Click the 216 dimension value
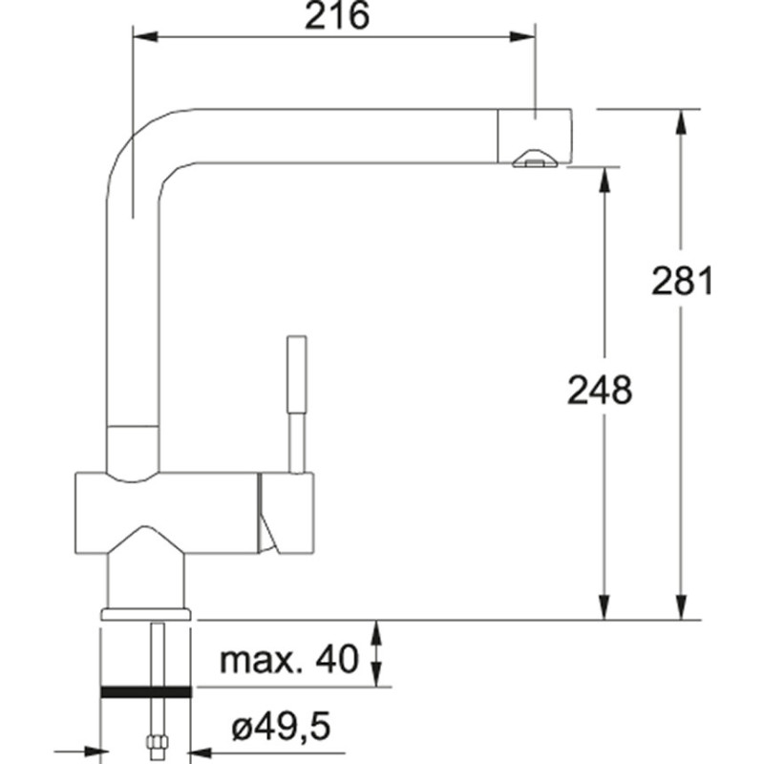tap(337, 16)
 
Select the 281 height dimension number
tap(682, 281)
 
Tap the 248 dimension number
tap(600, 391)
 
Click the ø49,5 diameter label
tap(281, 726)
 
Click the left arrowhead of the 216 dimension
tap(145, 36)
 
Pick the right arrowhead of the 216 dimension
tap(522, 36)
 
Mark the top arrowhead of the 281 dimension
tap(681, 122)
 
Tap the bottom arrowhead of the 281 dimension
tap(681, 607)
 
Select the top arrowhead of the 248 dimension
tap(605, 180)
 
